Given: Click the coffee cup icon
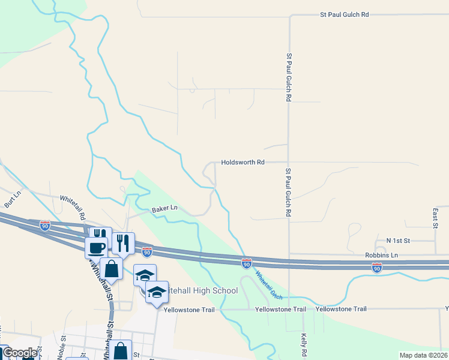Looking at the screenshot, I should click(96, 247).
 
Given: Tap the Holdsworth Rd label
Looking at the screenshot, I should click(243, 163).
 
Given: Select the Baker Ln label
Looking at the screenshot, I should click(164, 208).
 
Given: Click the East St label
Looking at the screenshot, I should click(435, 218).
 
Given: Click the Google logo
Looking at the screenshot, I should click(20, 353).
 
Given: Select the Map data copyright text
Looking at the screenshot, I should click(423, 355).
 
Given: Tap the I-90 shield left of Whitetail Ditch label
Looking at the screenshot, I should click(246, 263).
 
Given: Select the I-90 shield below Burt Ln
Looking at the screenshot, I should click(45, 226).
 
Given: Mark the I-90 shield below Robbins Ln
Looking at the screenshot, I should click(377, 268).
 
